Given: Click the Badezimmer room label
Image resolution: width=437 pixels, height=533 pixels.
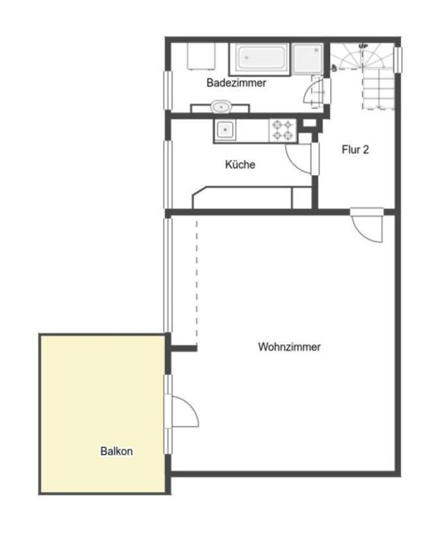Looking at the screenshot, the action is (236, 83).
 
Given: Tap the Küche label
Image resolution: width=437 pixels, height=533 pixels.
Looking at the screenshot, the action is (240, 164).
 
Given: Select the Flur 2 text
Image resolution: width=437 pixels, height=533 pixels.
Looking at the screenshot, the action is (355, 150).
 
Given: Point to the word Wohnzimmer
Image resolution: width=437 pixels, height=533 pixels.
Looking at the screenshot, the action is (289, 347).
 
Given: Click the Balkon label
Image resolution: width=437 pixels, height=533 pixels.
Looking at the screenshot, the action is (117, 451).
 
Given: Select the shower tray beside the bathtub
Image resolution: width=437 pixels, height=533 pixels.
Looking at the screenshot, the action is (308, 58).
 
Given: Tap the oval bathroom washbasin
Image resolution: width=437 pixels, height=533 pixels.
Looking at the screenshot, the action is (221, 107).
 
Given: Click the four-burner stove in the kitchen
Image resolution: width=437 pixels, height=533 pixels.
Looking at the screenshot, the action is (283, 130).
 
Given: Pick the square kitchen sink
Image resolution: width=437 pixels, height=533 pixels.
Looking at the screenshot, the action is (225, 130).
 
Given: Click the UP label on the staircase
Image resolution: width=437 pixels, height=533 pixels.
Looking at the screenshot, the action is (363, 46).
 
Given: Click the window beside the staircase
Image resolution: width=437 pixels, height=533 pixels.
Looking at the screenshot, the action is (398, 60).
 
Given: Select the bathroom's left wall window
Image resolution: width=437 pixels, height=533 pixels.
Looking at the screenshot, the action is (168, 90).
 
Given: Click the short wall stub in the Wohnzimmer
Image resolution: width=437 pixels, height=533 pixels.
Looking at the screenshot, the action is (184, 349).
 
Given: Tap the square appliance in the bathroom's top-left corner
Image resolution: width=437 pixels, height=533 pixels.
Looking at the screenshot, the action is (201, 57).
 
